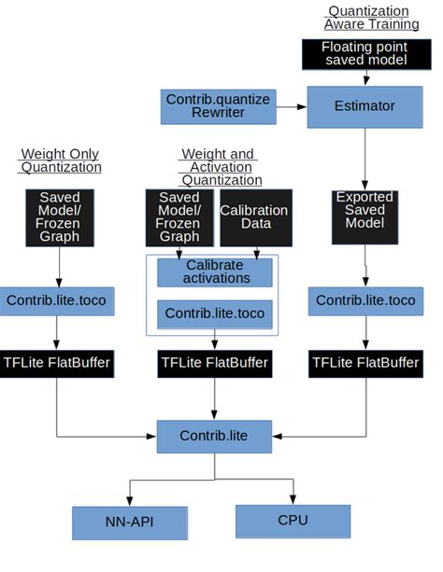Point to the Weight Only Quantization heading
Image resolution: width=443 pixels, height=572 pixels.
click(59, 160)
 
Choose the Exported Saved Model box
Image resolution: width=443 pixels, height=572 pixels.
click(364, 217)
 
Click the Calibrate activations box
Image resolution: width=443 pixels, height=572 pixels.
click(215, 272)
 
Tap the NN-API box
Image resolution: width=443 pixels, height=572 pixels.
click(130, 523)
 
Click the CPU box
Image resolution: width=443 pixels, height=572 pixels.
click(293, 521)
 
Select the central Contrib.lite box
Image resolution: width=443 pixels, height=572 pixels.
click(215, 436)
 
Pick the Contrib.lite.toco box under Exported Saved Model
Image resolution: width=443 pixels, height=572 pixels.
click(364, 300)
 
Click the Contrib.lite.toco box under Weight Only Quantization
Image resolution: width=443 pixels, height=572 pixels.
click(57, 300)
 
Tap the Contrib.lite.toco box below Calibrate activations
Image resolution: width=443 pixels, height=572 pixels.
click(215, 314)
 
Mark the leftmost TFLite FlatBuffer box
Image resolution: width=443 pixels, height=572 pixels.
click(57, 362)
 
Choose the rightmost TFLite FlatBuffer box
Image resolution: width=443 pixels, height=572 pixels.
click(364, 362)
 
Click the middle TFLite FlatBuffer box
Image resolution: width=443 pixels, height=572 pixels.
click(215, 362)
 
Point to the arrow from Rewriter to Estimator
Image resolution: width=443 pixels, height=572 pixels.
click(292, 106)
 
